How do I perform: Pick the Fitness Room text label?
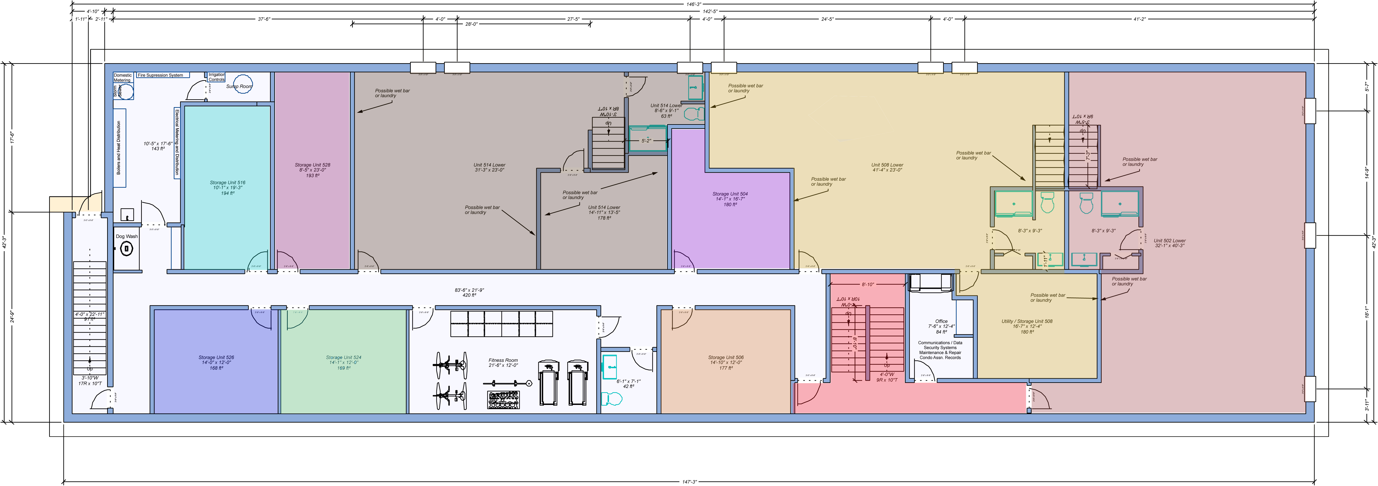coord(503,360)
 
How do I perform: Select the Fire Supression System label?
coord(160,75)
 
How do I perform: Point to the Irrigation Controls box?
coord(217,77)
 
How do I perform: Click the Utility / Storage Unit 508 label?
coord(1027,321)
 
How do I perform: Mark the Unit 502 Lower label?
coord(1169,241)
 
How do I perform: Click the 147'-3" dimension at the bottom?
coord(690,482)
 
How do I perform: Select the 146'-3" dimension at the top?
coord(694,4)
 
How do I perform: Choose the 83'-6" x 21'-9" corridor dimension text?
coord(469,290)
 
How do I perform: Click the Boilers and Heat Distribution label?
coord(119,148)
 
